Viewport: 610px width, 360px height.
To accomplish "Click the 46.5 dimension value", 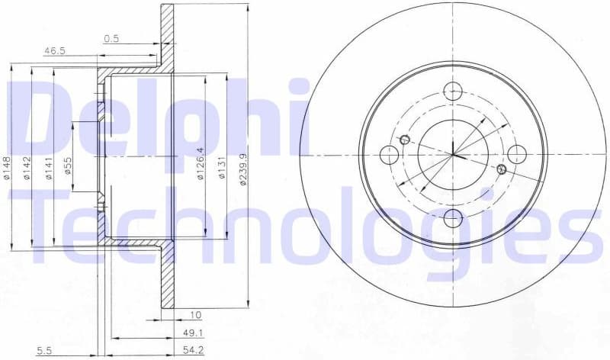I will [54, 50].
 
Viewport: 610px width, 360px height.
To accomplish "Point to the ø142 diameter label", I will [27, 166].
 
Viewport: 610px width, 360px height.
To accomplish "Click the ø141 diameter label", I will [48, 166].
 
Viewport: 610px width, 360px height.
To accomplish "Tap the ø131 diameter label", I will [222, 166].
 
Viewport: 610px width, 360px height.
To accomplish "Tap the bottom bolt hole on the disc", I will [453, 218].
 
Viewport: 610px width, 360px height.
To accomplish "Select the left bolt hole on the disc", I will [389, 155].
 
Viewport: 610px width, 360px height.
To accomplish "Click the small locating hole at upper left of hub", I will [405, 139].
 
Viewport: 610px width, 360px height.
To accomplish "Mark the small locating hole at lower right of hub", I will [501, 169].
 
